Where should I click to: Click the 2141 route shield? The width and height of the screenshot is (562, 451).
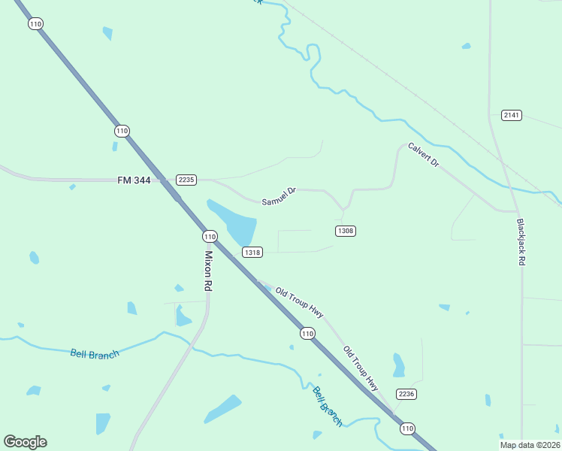tap(512, 115)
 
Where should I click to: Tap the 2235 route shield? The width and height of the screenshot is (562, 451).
tap(186, 179)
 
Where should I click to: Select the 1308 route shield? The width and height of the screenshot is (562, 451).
tap(345, 230)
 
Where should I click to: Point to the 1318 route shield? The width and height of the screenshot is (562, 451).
tap(252, 253)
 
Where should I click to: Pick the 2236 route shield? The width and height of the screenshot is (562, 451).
tap(406, 394)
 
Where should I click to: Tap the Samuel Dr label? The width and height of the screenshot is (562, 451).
tap(279, 197)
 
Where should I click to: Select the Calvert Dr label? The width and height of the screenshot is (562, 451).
tap(423, 155)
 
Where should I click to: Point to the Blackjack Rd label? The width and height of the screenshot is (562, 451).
tap(521, 241)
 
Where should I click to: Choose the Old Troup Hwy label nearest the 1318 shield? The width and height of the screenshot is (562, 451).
tap(299, 302)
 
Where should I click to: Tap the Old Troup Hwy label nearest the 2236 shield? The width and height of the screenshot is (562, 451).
tap(361, 368)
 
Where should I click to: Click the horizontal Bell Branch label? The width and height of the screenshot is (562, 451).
tap(95, 353)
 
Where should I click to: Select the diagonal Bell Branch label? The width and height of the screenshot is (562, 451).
tap(328, 407)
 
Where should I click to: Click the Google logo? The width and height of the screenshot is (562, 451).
tap(25, 442)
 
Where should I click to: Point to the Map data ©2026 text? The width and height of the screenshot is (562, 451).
tap(530, 445)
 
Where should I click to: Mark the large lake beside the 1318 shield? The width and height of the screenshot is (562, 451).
tap(234, 222)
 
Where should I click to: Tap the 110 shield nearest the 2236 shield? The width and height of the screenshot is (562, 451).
tap(407, 428)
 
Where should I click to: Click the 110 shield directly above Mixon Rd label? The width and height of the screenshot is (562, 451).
tap(210, 236)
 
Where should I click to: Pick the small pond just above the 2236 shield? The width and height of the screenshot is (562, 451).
tap(398, 365)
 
